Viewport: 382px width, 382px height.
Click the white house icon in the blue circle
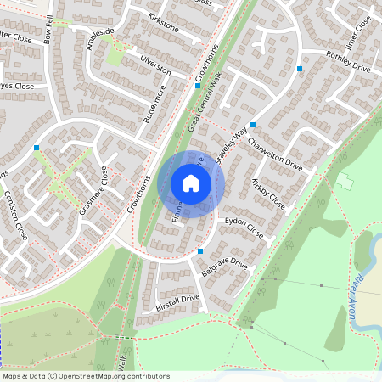[x=191, y=183]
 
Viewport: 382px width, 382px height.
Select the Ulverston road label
[x=156, y=66]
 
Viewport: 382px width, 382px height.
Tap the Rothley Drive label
[x=349, y=61]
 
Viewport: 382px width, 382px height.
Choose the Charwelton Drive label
[x=277, y=150]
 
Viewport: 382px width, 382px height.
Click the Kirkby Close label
[x=267, y=194]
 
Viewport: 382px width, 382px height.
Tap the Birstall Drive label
[x=177, y=303]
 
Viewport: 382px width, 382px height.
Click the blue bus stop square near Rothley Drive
[x=300, y=68]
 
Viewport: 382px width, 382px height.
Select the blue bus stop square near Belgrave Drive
[x=200, y=251]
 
